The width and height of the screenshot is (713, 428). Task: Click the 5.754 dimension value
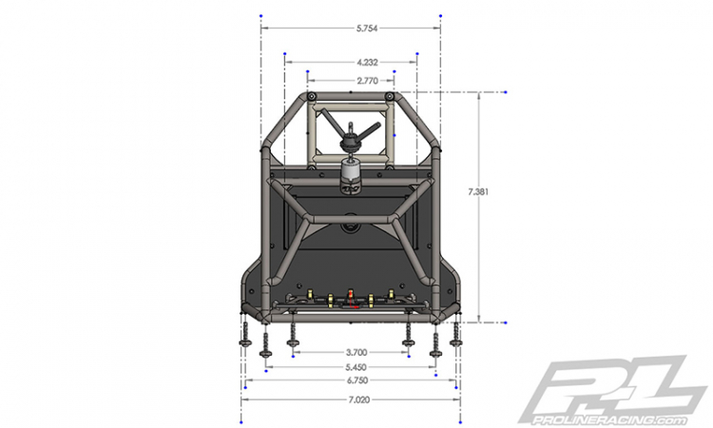[x=367, y=29]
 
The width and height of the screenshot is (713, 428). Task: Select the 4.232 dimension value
[x=367, y=63]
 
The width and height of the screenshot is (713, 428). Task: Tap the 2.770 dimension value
[x=367, y=81]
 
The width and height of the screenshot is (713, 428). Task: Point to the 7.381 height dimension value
[x=478, y=192]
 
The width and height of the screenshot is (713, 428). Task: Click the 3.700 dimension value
[x=356, y=353]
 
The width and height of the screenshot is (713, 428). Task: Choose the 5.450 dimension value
[x=356, y=367]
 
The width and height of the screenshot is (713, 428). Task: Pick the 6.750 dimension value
[x=357, y=380]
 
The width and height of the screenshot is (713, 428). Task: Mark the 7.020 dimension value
[x=359, y=400]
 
